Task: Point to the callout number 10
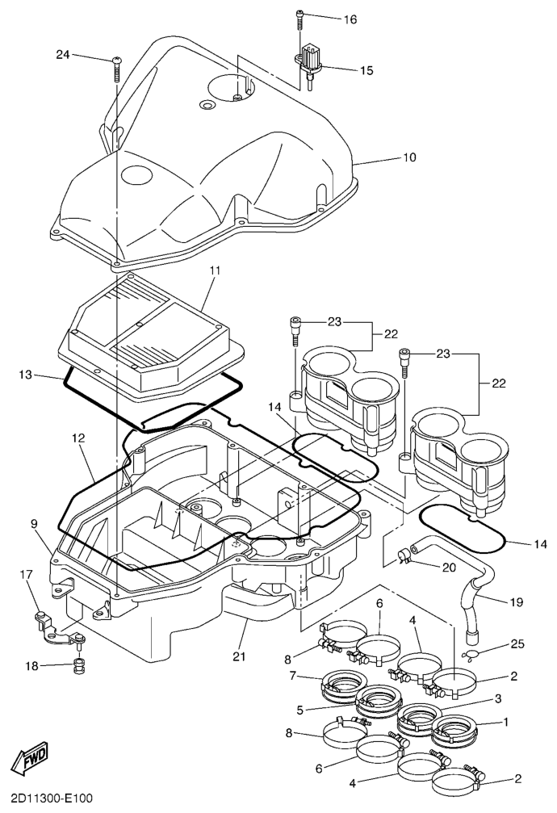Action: coord(409,158)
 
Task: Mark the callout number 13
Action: coord(26,375)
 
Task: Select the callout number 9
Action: coord(35,524)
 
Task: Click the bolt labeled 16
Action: coord(300,18)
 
